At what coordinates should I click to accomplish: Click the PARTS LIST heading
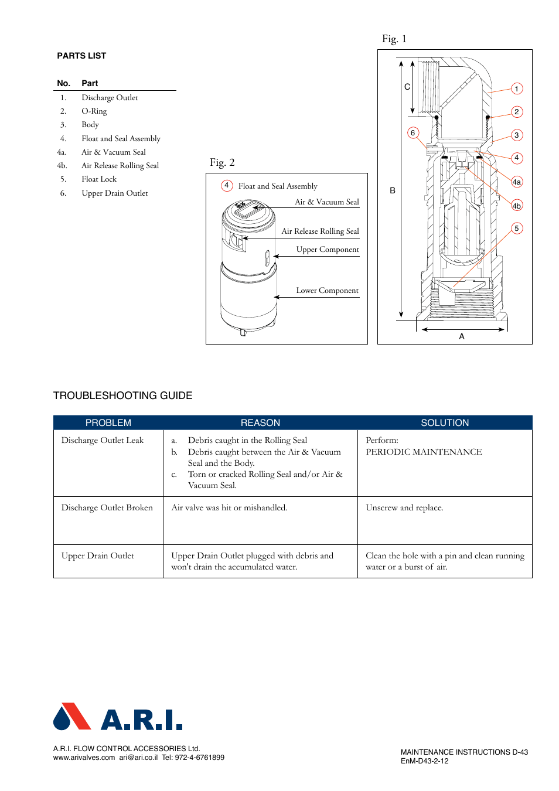tap(81, 56)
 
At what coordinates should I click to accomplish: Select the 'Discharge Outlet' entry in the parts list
tap(110, 98)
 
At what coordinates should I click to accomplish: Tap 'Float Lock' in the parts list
tap(99, 179)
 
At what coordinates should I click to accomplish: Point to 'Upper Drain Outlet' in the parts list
tap(114, 193)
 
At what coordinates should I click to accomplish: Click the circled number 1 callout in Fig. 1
tap(516, 89)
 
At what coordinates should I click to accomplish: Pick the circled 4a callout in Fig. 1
tap(516, 182)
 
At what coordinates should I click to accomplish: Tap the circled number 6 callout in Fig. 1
tap(413, 133)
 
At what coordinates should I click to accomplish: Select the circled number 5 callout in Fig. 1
tap(516, 229)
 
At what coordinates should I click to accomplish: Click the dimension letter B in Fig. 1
tap(393, 190)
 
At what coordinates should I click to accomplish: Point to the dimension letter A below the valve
tap(462, 336)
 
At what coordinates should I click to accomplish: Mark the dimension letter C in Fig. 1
tap(407, 87)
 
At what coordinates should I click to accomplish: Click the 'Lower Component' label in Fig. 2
tap(327, 291)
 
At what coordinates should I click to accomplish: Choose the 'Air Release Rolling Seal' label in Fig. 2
tap(320, 231)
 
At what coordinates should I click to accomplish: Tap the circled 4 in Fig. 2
tap(227, 186)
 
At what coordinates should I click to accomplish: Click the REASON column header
tap(260, 423)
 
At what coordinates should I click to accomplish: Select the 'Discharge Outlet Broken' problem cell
tap(107, 508)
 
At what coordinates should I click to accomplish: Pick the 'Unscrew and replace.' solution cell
tap(404, 508)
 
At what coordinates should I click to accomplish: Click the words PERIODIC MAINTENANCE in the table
tap(424, 452)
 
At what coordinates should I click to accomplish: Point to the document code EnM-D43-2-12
tap(424, 761)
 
